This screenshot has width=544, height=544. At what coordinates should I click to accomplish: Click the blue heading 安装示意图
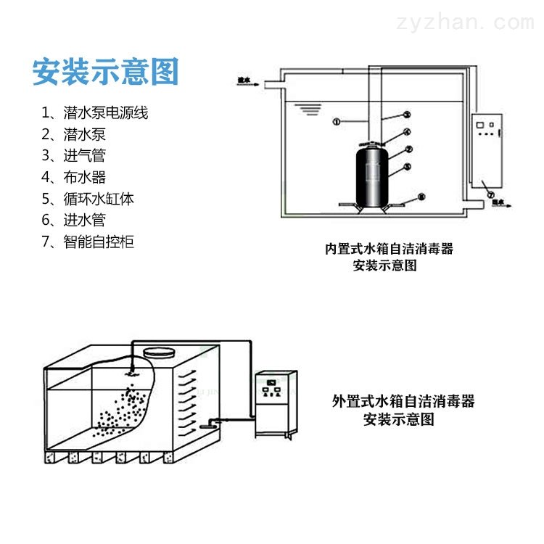pyautogui.click(x=105, y=73)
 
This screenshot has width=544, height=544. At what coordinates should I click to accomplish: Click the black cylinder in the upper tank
pyautogui.click(x=374, y=174)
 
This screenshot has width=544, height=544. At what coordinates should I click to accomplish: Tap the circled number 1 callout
pyautogui.click(x=337, y=122)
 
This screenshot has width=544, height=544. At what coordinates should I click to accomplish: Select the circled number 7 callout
pyautogui.click(x=490, y=194)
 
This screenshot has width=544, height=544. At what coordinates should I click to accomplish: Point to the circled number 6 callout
pyautogui.click(x=422, y=197)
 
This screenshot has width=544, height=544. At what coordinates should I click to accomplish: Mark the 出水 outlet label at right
pyautogui.click(x=499, y=204)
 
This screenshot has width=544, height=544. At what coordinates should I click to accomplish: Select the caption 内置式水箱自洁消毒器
pyautogui.click(x=389, y=249)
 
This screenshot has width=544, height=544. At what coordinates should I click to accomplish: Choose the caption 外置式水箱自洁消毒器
pyautogui.click(x=403, y=400)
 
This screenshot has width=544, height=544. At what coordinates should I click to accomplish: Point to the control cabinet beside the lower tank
pyautogui.click(x=276, y=403)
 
